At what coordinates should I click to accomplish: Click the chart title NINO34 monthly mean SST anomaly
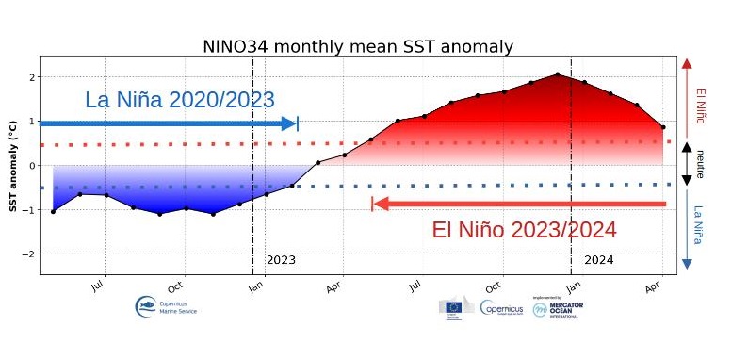tap(358, 46)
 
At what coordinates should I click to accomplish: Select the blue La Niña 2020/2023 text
tap(179, 100)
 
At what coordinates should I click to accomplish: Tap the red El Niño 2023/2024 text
tap(524, 230)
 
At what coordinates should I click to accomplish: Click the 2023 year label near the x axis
tap(281, 259)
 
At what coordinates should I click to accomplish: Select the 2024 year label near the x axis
tap(598, 259)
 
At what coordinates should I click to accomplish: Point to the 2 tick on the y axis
tap(32, 77)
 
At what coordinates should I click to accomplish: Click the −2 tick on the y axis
tap(30, 254)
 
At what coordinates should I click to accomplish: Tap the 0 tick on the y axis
tap(32, 166)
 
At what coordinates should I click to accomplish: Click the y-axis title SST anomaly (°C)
tap(13, 165)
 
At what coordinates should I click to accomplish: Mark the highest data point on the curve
tap(557, 74)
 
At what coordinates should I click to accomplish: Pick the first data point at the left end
tap(53, 211)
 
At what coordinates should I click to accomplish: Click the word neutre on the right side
tap(700, 164)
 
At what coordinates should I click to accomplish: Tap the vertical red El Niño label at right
tap(700, 106)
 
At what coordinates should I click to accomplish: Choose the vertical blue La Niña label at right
tap(699, 225)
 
